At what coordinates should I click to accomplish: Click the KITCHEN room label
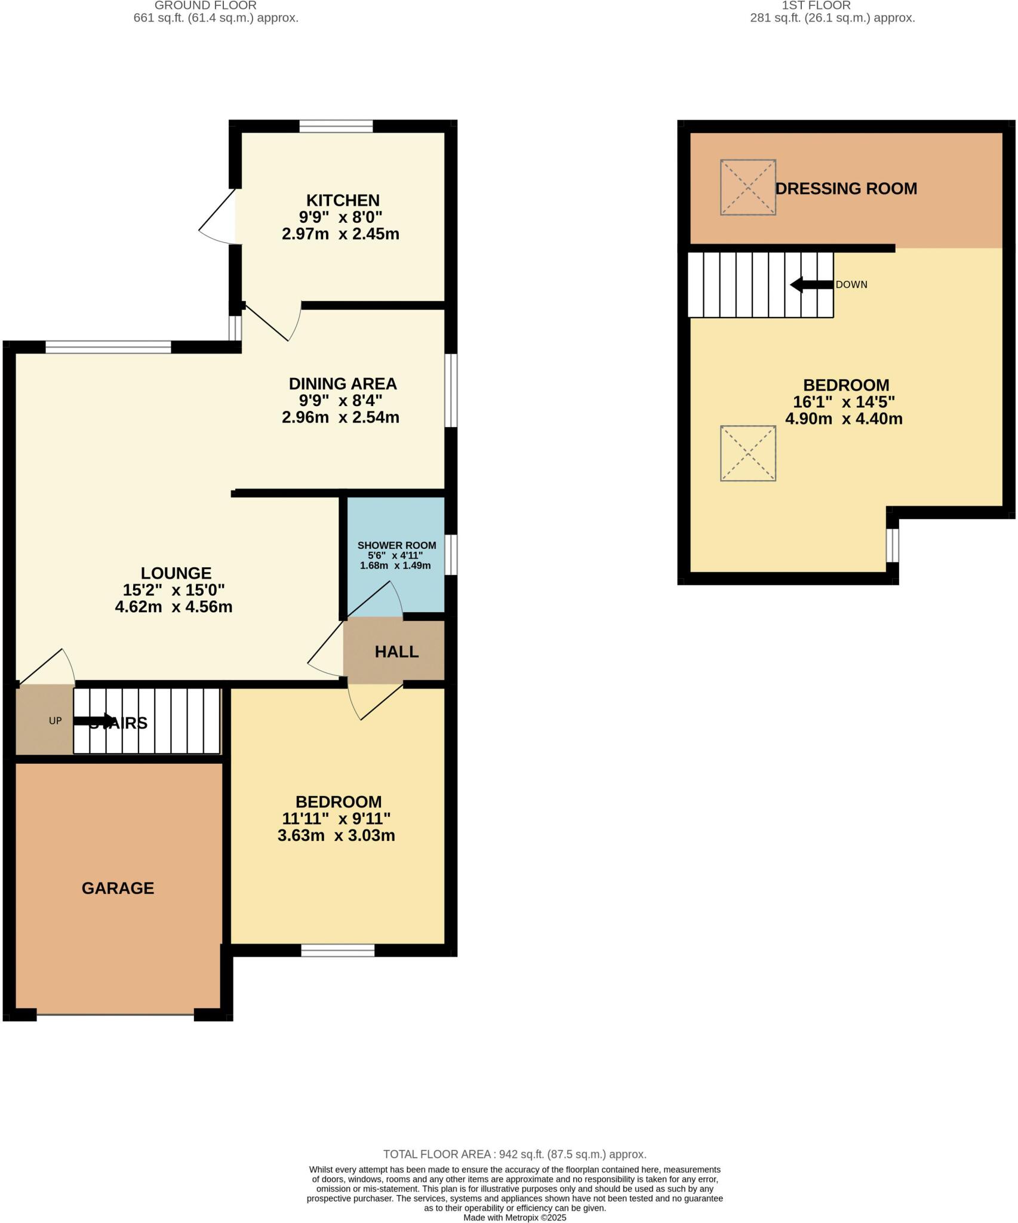[343, 200]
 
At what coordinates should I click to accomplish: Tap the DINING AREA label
[343, 383]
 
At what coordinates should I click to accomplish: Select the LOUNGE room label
[176, 573]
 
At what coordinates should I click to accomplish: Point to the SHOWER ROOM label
[396, 545]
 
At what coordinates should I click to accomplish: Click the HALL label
[396, 652]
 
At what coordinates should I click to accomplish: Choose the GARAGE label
[118, 889]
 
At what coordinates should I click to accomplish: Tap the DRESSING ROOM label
[846, 189]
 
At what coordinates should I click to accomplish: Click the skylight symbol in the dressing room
[748, 187]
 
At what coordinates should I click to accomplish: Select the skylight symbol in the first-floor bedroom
[748, 453]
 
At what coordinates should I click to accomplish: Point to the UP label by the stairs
[55, 721]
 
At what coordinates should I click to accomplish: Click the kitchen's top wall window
[336, 126]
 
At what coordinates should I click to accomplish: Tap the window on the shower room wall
[452, 555]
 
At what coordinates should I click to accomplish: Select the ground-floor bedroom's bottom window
[337, 950]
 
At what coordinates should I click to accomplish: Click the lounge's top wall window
[108, 346]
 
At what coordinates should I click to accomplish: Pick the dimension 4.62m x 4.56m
[174, 607]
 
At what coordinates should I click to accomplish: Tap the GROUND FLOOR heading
[205, 5]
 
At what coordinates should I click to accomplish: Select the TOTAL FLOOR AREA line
[514, 1154]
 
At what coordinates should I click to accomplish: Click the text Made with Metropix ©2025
[514, 1218]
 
